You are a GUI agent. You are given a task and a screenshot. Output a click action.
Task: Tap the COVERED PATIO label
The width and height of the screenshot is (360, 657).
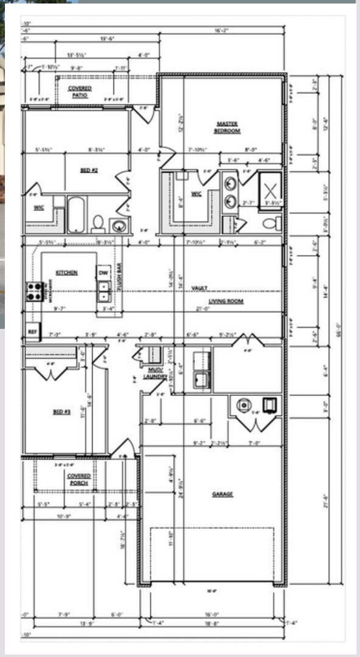[x=80, y=91]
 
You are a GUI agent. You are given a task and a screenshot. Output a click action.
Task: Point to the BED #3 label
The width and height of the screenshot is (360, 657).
[x=62, y=412]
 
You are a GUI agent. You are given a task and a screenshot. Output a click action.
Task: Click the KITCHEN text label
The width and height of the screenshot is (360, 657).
[x=66, y=273]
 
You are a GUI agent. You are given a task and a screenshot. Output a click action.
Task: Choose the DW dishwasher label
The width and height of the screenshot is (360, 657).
[x=103, y=273]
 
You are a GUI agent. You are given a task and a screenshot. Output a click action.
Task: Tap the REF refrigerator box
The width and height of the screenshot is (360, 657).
[x=32, y=332]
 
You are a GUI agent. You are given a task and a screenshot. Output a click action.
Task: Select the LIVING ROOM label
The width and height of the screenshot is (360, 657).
[x=226, y=302]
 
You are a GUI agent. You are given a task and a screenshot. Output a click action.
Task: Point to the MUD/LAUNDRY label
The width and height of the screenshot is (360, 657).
[x=157, y=373]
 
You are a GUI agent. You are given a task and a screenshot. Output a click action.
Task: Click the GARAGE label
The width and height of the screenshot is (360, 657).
[x=223, y=494]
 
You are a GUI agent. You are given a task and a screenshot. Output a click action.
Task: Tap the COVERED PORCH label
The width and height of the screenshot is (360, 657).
[x=79, y=479]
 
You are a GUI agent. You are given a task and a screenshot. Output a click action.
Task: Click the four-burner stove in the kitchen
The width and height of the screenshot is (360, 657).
[x=33, y=292]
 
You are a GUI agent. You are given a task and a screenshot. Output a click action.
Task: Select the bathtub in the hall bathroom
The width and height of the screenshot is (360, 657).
[x=75, y=214]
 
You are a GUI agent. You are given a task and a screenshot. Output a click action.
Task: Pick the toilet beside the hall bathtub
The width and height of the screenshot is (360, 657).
[x=97, y=223]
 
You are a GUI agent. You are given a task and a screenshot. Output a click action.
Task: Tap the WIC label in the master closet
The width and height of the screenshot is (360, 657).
[x=196, y=194]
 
